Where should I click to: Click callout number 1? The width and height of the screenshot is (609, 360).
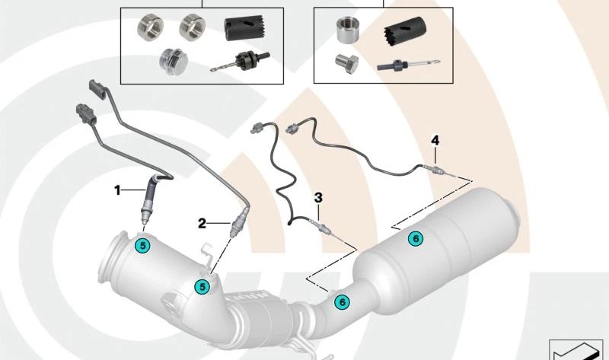(117, 190)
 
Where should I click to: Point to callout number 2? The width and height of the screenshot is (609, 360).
(202, 223)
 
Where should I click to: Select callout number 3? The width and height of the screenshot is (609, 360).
(318, 198)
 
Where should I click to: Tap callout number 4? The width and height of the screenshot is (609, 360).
(435, 140)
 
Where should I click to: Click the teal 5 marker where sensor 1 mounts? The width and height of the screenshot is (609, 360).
(142, 245)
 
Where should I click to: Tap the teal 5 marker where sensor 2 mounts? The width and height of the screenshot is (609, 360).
(202, 287)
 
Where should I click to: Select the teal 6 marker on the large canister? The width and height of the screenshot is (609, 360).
(416, 238)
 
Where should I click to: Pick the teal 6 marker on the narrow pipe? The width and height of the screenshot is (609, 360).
(342, 301)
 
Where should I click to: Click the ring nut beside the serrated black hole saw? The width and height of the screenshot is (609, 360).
(193, 26)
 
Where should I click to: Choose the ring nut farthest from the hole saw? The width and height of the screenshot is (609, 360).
(150, 26)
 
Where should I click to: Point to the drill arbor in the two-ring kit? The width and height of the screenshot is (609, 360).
(240, 62)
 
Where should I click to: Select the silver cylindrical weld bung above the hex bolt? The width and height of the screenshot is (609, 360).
(347, 30)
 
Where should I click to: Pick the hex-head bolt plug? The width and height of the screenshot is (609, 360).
(346, 64)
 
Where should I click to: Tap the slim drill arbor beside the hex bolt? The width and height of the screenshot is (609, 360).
(408, 65)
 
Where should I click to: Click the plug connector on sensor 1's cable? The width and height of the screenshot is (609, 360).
(86, 115)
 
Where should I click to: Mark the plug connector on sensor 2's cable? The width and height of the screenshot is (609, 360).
(98, 90)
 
